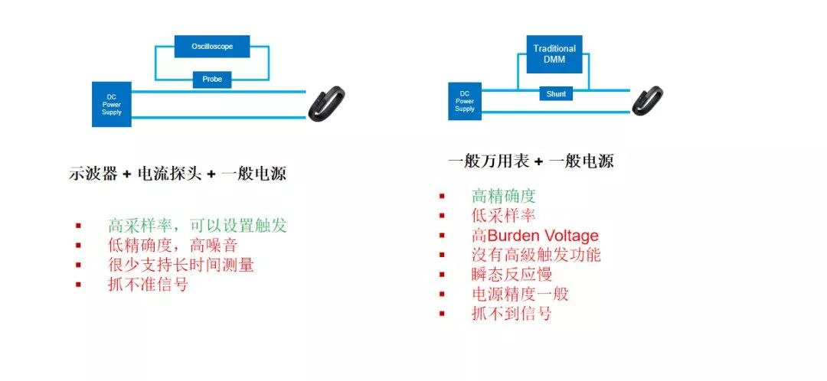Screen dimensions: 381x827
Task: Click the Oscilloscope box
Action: pos(212,47)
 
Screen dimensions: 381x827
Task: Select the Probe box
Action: pos(212,79)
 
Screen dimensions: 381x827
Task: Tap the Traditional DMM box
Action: pos(554,54)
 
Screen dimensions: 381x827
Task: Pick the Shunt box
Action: pos(557,94)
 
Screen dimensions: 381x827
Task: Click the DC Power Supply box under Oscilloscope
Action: pos(112,104)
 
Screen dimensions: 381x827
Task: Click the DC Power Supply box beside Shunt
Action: pos(465,101)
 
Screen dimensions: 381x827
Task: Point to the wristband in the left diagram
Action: pos(326,104)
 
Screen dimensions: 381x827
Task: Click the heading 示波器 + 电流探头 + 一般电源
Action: pos(177,174)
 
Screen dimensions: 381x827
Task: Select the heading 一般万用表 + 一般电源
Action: pos(531,161)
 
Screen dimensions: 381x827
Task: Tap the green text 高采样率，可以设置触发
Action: pos(198,226)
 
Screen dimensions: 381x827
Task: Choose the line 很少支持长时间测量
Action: pos(181,265)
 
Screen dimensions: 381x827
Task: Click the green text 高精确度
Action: pos(503,196)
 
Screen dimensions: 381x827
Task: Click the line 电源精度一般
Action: pos(520,294)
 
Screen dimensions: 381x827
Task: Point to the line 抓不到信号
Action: pos(512,314)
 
